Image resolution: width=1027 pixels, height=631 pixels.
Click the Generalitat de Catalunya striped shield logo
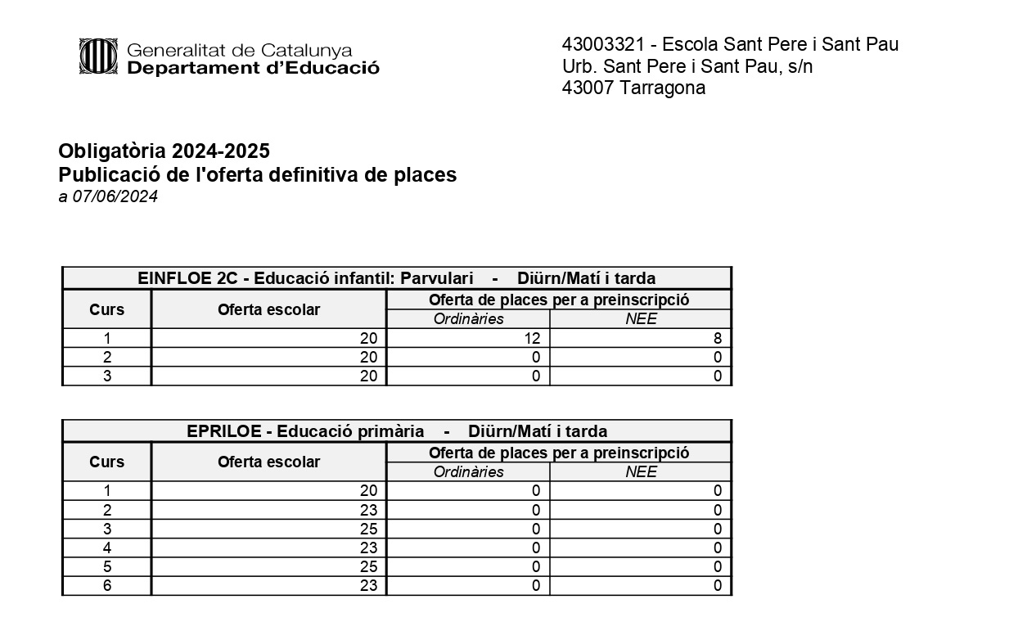[x=99, y=56]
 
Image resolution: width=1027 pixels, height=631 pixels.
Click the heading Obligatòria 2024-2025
[x=164, y=151]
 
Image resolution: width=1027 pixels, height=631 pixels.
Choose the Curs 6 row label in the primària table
[x=106, y=585]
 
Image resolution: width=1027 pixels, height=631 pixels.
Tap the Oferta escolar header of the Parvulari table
[x=268, y=309]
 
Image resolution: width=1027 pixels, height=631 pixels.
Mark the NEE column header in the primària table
[x=640, y=472]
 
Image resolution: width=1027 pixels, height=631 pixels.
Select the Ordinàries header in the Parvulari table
[x=468, y=319]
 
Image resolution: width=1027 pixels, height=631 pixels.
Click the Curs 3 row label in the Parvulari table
[x=106, y=376]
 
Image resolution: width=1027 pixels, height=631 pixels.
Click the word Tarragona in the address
[x=663, y=88]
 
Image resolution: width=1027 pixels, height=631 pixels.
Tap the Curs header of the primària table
[x=106, y=462]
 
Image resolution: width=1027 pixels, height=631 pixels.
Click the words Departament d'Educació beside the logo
[x=253, y=69]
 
